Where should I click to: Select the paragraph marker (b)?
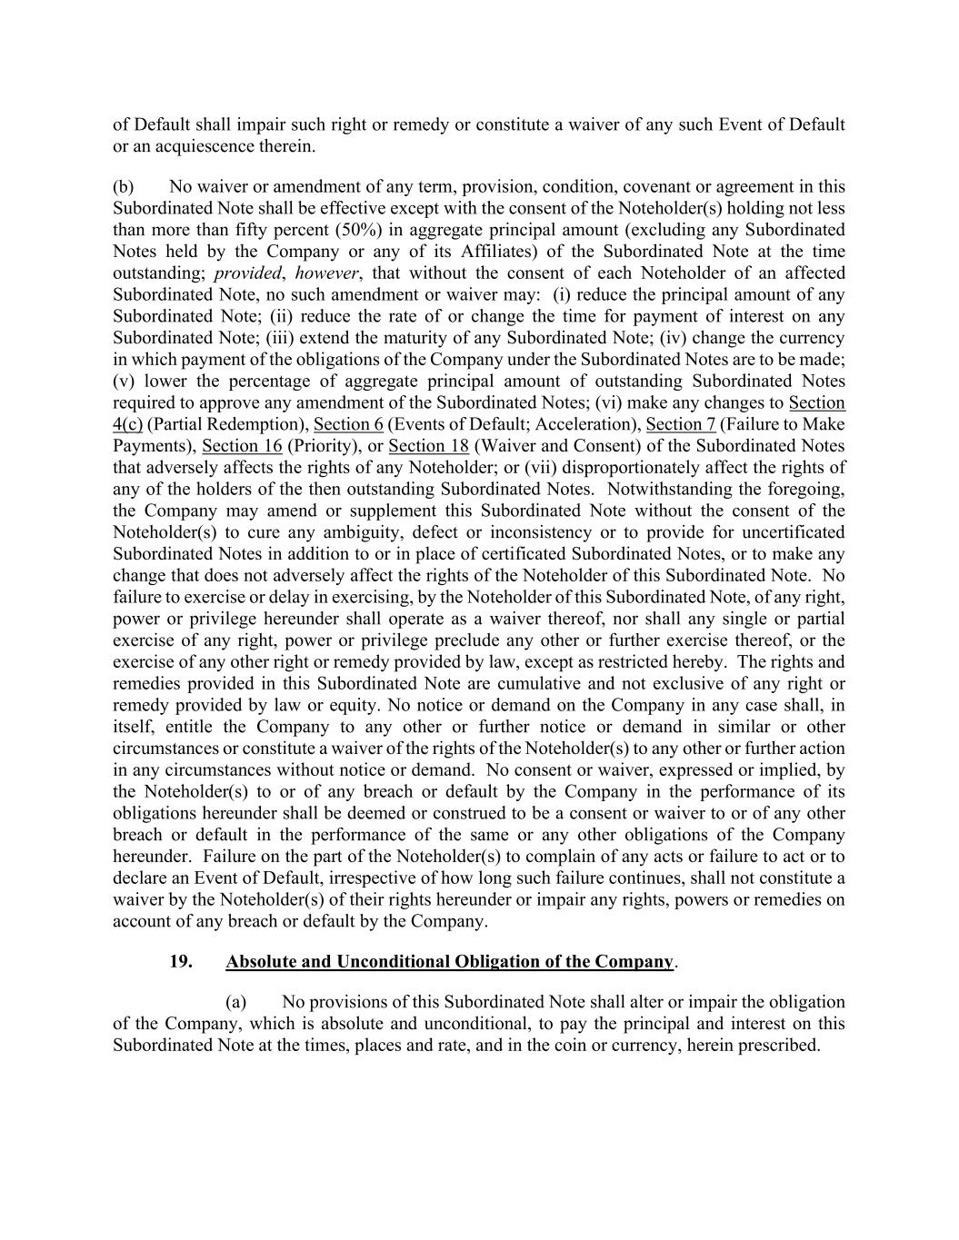click(124, 186)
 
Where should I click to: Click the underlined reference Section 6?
click(348, 424)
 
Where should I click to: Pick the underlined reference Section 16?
click(242, 446)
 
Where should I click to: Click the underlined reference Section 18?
click(428, 446)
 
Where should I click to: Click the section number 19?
click(180, 961)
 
